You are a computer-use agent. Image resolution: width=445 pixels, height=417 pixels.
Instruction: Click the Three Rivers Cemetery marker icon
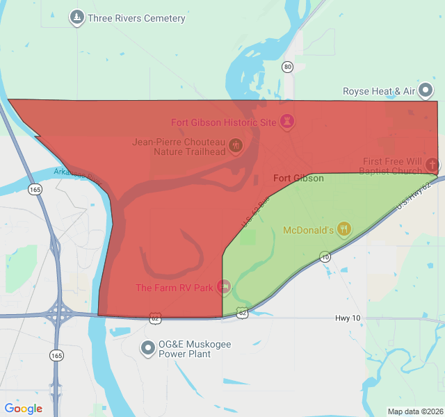77,17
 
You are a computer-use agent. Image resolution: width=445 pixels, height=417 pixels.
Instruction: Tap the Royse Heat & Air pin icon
426,91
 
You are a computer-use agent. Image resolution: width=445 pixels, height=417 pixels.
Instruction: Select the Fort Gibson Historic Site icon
287,122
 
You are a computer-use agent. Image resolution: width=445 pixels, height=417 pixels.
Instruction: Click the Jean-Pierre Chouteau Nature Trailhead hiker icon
236,146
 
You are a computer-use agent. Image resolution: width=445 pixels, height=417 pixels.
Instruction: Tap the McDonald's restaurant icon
343,229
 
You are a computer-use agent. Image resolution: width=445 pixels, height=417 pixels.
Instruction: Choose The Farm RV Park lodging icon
223,286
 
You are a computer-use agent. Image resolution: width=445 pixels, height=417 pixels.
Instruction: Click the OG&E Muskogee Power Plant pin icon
147,347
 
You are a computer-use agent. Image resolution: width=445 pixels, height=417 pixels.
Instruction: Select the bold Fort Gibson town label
298,179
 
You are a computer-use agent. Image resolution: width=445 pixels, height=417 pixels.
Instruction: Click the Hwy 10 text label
347,318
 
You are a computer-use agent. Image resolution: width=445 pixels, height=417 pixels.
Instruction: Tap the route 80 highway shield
288,67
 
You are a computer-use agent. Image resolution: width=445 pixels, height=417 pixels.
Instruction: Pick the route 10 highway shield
325,257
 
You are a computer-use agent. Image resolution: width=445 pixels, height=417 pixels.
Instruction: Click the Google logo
24,409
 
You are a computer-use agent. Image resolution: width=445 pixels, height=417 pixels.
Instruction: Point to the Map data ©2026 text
414,411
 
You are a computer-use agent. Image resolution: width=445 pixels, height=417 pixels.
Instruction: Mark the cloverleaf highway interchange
58,315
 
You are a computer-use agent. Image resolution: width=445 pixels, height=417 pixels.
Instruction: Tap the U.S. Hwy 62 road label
416,193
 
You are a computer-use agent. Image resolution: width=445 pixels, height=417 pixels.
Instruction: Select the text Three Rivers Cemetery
136,18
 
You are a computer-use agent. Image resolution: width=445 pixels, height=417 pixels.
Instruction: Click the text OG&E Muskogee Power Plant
185,349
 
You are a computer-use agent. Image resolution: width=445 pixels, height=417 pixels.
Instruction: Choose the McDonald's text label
308,230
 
